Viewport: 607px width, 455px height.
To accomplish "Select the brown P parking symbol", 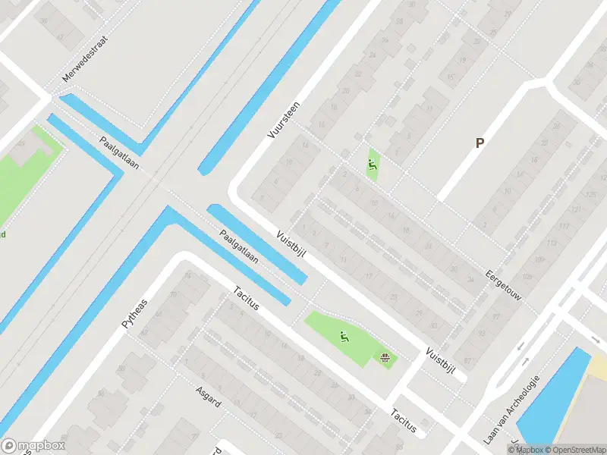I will click(479, 143).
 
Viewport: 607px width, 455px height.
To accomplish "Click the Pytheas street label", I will click(136, 312).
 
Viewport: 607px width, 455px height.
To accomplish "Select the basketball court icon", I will click(385, 356).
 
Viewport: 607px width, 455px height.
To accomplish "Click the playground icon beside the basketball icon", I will click(344, 336).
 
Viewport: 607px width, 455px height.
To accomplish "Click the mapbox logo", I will click(33, 446).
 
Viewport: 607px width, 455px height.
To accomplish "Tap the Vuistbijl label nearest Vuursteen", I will click(291, 245).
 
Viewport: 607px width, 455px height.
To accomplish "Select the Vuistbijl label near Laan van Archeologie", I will click(439, 364).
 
